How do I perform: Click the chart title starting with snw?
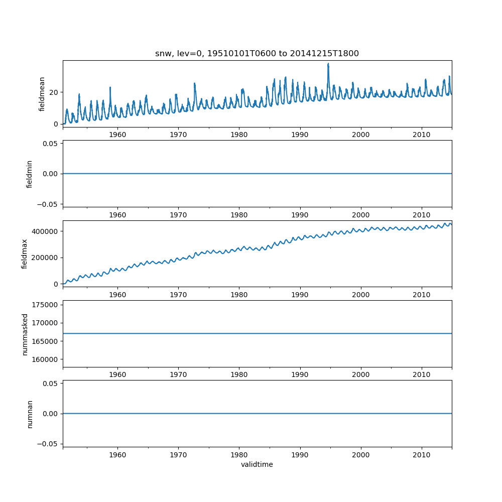click(257, 54)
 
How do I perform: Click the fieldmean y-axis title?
click(42, 94)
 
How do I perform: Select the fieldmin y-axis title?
click(30, 174)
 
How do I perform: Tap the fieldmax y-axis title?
click(24, 254)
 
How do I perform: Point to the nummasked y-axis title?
click(25, 334)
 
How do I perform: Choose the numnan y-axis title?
click(30, 414)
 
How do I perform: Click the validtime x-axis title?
click(257, 465)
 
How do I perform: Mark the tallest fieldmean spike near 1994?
click(328, 64)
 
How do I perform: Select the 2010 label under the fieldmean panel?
click(422, 135)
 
